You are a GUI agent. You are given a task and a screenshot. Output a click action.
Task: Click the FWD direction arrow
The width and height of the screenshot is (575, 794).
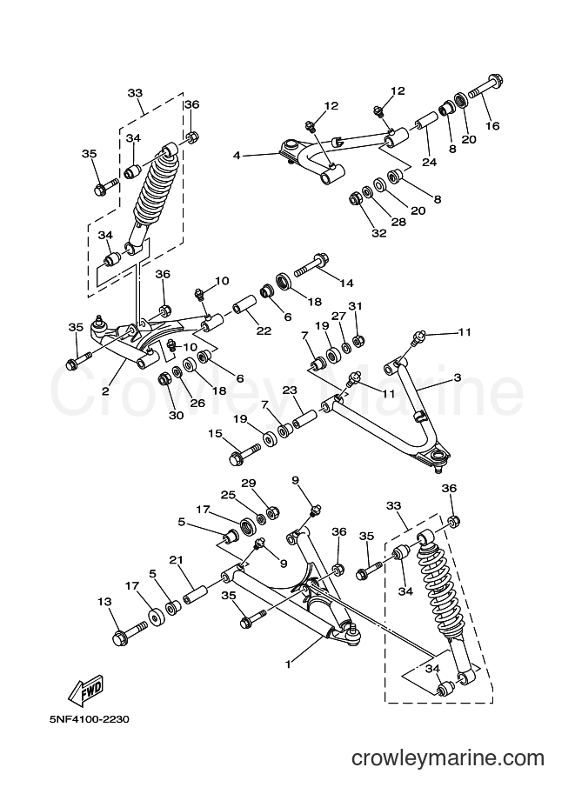87,691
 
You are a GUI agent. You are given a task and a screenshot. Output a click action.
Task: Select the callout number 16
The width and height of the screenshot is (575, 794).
491,125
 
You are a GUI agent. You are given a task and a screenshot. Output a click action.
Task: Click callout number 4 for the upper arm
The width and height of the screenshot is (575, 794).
236,155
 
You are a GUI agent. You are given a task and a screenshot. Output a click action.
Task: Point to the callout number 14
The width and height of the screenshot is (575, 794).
346,283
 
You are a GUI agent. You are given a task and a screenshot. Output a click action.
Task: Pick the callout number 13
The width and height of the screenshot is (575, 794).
104,602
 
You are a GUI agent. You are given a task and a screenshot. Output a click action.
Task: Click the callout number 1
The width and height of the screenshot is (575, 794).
288,664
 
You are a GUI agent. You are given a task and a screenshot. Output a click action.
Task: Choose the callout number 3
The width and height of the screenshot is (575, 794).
457,377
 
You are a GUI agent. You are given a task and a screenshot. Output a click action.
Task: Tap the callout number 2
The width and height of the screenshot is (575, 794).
105,391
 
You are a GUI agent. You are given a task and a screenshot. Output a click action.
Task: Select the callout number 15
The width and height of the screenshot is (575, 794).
216,433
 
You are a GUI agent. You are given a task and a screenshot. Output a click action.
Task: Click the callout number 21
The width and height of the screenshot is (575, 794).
176,560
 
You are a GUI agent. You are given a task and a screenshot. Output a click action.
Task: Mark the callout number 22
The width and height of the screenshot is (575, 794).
264,331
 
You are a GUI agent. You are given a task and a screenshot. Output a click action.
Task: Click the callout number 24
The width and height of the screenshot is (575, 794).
429,162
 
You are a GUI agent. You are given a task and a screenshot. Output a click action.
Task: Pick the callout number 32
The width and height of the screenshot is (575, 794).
379,233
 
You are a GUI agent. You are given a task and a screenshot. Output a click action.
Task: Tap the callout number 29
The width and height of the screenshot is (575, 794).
248,483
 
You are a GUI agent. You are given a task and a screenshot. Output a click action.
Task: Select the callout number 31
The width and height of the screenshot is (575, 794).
355,306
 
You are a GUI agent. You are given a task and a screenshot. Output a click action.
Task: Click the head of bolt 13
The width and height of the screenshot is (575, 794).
120,638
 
